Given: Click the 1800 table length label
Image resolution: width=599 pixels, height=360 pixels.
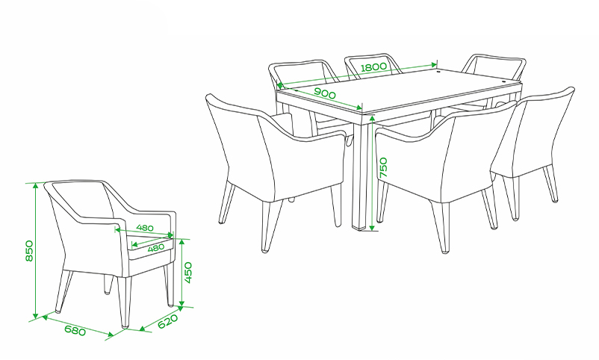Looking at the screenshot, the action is pyautogui.click(x=374, y=67).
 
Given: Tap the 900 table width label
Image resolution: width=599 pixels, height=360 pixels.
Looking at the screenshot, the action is pyautogui.click(x=325, y=93).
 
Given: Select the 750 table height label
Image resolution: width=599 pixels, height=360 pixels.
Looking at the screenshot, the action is pyautogui.click(x=383, y=167).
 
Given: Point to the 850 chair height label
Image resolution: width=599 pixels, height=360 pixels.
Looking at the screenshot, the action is pyautogui.click(x=29, y=251).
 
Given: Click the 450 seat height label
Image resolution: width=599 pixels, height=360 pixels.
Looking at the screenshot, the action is pyautogui.click(x=188, y=273).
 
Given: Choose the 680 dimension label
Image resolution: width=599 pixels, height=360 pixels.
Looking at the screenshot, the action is pyautogui.click(x=75, y=330).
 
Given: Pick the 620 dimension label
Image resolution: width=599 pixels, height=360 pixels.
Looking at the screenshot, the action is pyautogui.click(x=168, y=321).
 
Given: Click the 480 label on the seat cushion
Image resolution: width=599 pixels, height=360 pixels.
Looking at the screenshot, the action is pyautogui.click(x=156, y=248).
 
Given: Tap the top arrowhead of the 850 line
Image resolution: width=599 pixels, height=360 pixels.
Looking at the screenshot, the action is pyautogui.click(x=36, y=186).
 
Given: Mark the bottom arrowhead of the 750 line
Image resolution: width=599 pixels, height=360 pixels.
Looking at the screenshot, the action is pyautogui.click(x=373, y=227).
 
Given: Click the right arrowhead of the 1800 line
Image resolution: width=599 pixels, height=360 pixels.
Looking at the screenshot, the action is pyautogui.click(x=434, y=64).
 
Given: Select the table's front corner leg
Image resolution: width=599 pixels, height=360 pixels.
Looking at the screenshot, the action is pyautogui.click(x=360, y=172).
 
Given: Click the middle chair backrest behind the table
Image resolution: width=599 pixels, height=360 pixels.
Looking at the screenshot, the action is pyautogui.click(x=373, y=66).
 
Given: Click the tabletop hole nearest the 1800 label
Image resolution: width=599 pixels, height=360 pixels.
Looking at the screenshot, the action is pyautogui.click(x=438, y=71).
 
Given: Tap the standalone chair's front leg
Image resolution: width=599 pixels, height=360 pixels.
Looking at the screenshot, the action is pyautogui.click(x=124, y=302).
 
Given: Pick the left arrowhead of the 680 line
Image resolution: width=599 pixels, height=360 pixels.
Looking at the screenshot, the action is pyautogui.click(x=45, y=317).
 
